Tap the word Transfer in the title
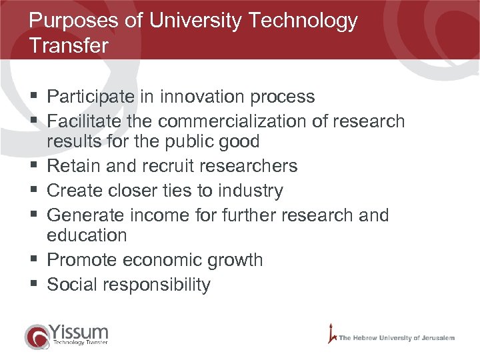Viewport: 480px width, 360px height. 69,46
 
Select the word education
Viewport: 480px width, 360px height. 87,235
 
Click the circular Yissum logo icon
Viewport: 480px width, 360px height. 37,336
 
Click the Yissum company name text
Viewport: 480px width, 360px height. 79,331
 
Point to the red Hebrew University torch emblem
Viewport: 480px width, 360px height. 331,333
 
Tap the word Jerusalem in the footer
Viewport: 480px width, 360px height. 435,338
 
